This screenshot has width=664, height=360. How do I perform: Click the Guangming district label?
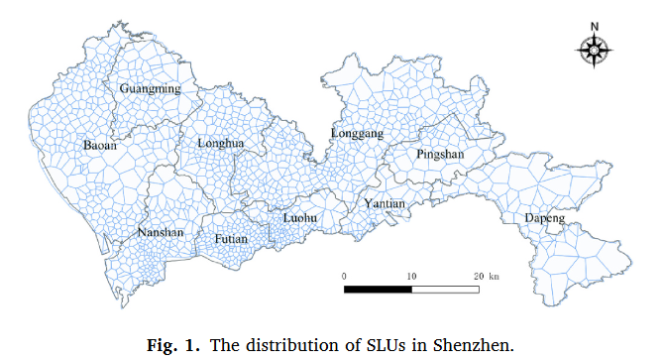tap(150, 89)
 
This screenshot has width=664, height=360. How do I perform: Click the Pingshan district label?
tap(439, 155)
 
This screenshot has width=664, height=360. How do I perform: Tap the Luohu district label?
tap(300, 215)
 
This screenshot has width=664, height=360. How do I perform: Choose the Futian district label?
tap(231, 239)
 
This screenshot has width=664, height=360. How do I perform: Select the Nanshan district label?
tap(161, 233)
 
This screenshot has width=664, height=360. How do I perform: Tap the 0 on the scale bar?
tap(344, 275)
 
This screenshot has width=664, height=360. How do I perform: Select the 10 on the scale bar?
tap(410, 275)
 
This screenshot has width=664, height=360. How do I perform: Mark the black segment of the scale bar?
tap(377, 290)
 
